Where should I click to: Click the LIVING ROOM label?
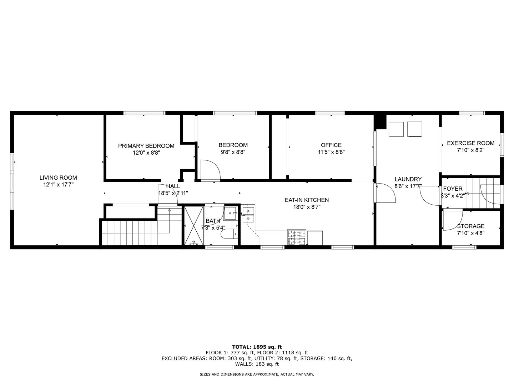pos(58,178)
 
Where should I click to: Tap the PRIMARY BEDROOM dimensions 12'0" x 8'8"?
pos(146,153)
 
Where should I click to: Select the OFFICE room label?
pos(331,145)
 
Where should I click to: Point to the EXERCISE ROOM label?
pos(470,143)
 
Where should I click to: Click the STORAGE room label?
pos(470,226)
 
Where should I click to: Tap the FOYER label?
pos(453,189)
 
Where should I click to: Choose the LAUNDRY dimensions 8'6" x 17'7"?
pos(408,186)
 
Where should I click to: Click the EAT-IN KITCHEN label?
pos(307,200)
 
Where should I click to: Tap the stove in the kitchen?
pos(297,237)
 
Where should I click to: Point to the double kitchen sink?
pos(248,215)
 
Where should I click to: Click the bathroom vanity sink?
pos(230,214)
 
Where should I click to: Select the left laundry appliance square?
pos(396,129)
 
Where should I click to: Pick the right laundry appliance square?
pos(414,129)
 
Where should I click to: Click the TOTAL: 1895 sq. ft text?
pos(257,347)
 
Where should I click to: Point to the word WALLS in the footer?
pos(243,364)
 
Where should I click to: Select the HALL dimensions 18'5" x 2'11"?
pos(173,193)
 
